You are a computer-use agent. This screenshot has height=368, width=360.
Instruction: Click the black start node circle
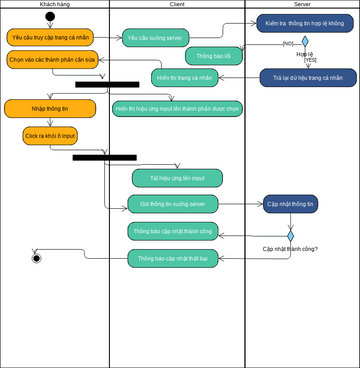[50, 16]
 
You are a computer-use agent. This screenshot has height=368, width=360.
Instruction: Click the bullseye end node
[37, 258]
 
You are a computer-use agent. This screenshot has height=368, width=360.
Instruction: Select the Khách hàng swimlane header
[54, 4]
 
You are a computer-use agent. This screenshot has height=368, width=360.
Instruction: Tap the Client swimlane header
[177, 4]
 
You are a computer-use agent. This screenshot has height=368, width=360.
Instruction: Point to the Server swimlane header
[302, 4]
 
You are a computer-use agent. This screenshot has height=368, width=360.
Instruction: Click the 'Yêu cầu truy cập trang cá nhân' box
[50, 37]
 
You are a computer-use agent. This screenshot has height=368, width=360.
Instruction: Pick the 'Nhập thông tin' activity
[50, 108]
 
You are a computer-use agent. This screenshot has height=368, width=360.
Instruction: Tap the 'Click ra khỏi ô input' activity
[50, 135]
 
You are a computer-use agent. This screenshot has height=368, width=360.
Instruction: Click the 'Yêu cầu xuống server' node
[155, 38]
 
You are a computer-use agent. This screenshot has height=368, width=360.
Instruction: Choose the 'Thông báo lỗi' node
[213, 56]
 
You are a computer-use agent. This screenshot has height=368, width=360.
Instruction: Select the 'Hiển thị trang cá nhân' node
[185, 77]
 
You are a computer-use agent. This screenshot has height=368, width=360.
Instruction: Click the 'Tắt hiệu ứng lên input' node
[177, 178]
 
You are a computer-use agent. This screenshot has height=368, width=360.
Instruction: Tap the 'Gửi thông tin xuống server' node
[172, 204]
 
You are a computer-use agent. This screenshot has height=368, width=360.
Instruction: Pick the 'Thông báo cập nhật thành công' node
[172, 231]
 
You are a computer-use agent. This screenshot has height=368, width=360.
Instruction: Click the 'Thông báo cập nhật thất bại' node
[172, 258]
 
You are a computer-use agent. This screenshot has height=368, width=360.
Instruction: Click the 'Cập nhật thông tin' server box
[290, 204]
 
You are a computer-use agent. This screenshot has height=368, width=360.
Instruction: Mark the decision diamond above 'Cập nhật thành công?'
[291, 237]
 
